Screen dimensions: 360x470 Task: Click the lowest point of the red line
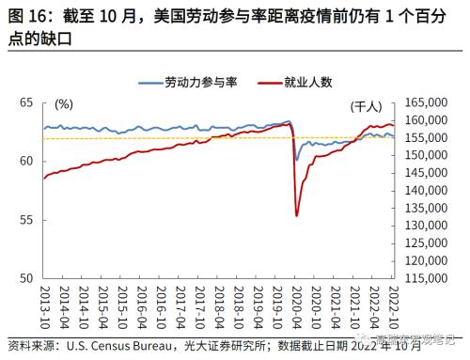297,215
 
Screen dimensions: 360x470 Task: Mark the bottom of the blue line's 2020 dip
297,160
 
